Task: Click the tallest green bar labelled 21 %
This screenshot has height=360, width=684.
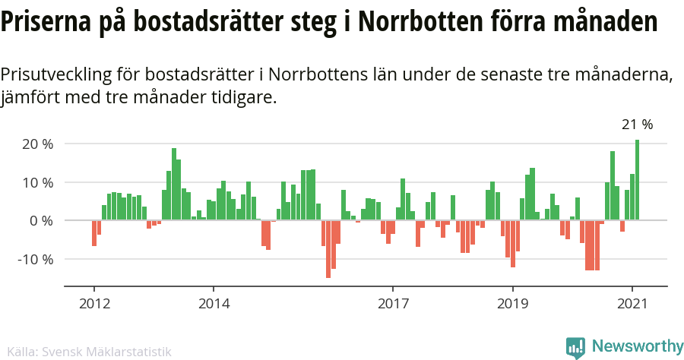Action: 638,180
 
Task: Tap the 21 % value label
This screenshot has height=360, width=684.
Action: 637,125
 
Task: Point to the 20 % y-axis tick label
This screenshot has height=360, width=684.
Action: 38,144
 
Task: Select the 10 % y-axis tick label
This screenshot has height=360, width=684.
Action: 38,182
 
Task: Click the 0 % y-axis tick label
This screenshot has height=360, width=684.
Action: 41,221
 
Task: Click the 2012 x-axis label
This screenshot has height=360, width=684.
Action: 94,303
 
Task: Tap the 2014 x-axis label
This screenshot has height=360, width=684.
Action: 214,303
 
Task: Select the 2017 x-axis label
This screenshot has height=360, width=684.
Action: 393,303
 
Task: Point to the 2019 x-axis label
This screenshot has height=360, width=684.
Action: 512,303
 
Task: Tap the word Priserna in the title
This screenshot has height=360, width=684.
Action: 46,21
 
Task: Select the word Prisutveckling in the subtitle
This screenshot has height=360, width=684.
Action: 57,75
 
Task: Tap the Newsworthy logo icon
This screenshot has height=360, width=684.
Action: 575,347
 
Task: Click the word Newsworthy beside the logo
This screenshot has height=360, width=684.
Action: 637,346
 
